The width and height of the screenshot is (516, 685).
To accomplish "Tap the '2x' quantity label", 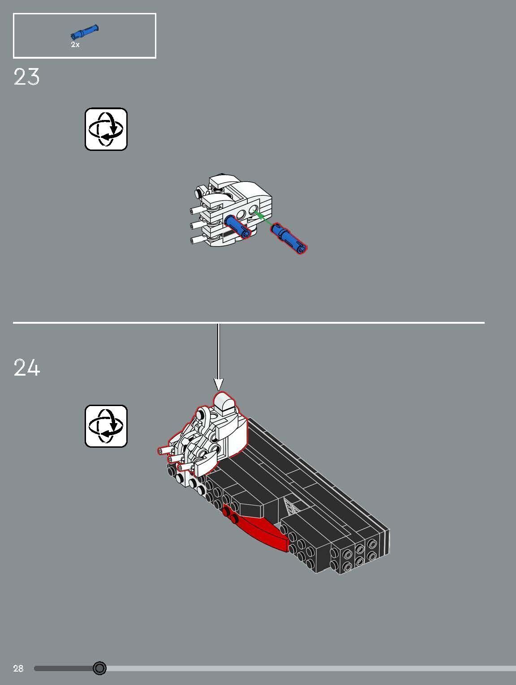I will click(75, 45).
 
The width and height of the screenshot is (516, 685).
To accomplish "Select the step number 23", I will click(26, 77).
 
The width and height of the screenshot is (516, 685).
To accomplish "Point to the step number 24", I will click(27, 368).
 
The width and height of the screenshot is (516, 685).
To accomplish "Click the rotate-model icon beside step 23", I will click(106, 129).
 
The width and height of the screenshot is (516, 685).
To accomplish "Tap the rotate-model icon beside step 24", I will click(106, 426).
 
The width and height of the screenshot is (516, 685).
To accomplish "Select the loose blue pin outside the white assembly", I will click(289, 238).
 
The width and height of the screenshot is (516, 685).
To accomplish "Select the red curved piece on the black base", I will click(260, 531).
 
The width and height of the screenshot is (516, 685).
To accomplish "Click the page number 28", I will click(18, 668).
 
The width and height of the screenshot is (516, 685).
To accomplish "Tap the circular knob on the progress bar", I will click(99, 668).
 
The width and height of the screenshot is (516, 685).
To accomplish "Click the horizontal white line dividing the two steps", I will click(249, 322).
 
